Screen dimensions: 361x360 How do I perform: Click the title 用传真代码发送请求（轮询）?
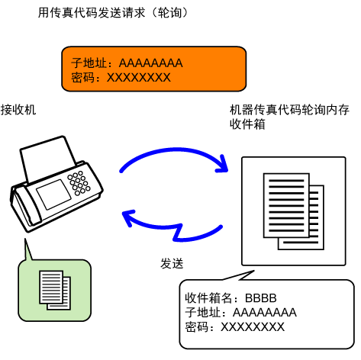coord(114,12)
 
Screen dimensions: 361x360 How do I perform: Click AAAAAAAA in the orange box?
coord(151,63)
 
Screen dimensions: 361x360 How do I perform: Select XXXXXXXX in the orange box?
coord(139,78)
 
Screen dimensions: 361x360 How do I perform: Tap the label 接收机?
coord(18,110)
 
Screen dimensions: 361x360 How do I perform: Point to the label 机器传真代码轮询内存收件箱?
coord(289,117)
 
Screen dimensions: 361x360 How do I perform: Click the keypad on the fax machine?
coord(79,183)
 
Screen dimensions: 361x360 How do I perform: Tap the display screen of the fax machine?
coord(53,194)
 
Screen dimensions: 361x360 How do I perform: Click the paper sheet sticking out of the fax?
coord(47,158)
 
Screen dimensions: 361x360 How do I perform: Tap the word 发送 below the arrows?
coord(172,263)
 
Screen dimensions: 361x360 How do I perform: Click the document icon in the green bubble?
coord(55,290)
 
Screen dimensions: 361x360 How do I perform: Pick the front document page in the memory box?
coord(286,205)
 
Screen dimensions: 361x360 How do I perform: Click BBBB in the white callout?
coord(261,298)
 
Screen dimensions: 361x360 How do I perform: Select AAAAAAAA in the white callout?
coord(265,313)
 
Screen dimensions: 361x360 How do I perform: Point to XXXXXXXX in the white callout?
coord(253,327)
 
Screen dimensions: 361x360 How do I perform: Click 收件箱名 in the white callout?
coord(208,298)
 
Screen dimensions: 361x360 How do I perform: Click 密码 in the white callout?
coord(197,327)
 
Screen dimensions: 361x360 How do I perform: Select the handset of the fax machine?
coord(25,207)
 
